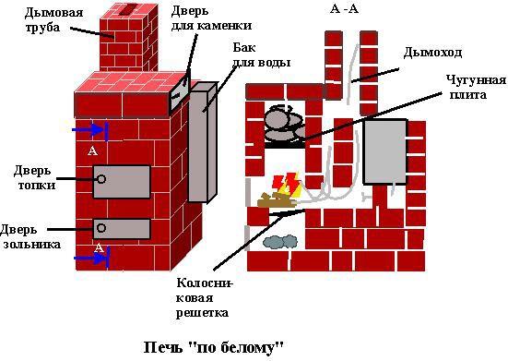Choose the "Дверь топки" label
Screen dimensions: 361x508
point(35,177)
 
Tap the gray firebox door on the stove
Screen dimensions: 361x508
point(121,182)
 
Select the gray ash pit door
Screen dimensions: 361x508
point(121,228)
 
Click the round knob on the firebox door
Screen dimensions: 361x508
point(101,179)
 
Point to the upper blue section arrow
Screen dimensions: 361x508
point(91,130)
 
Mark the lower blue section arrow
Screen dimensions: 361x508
point(91,259)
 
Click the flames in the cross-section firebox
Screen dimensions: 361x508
point(288,184)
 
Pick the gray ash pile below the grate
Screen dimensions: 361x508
point(279,242)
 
